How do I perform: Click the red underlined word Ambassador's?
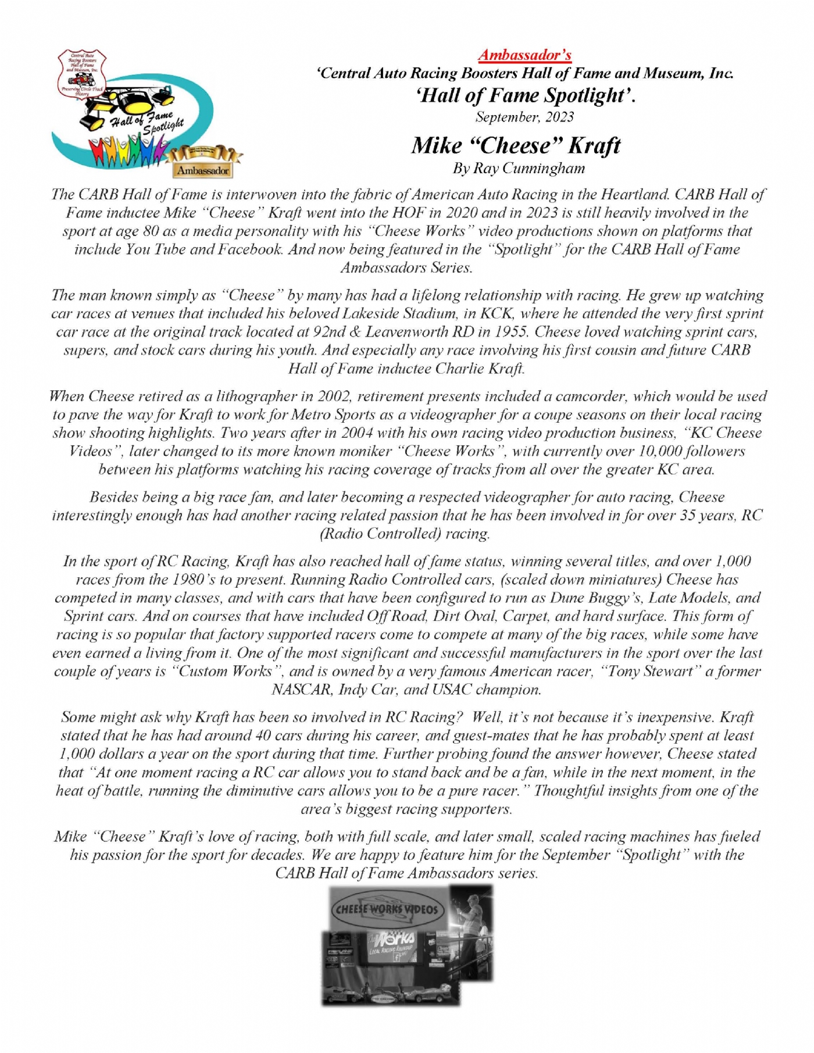524,55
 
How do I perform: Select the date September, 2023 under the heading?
524,117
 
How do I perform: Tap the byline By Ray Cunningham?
519,169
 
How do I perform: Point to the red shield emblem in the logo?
81,74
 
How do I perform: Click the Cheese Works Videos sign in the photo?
387,909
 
